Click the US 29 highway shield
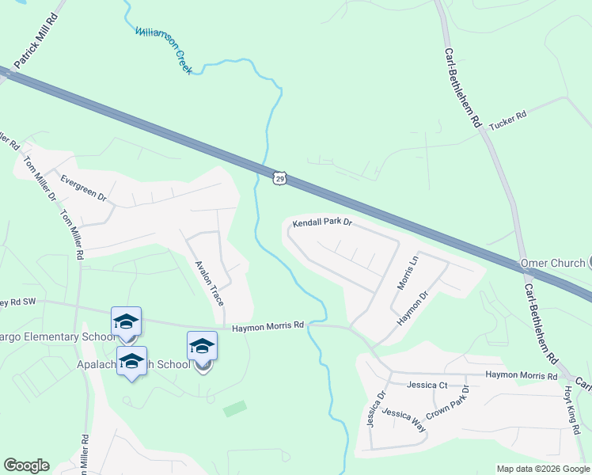click(x=279, y=178)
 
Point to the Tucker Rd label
click(x=507, y=120)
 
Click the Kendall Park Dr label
click(x=321, y=224)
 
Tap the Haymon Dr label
click(x=412, y=307)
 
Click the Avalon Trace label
click(x=210, y=283)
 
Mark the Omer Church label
click(x=552, y=263)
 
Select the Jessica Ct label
click(x=427, y=386)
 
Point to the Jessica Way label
click(x=404, y=420)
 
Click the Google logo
click(x=26, y=465)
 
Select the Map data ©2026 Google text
click(x=542, y=469)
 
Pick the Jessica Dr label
click(x=374, y=408)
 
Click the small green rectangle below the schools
click(x=234, y=409)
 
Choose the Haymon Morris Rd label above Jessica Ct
click(x=522, y=375)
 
